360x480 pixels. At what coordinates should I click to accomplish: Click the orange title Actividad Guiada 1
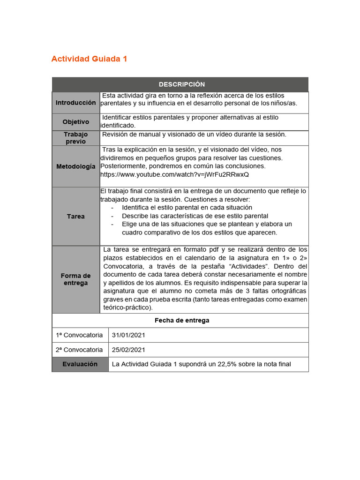point(89,59)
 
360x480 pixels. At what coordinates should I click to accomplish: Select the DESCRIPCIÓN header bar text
point(181,84)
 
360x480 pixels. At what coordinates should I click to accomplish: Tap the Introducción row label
point(75,103)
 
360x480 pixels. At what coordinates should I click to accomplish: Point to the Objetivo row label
point(75,122)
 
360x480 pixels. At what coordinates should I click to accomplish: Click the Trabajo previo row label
point(75,138)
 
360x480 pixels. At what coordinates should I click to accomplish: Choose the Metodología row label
point(75,166)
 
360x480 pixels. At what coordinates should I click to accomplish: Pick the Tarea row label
point(75,217)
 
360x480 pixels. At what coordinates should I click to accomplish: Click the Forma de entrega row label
point(75,279)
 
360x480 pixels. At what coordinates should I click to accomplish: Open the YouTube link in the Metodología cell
point(175,174)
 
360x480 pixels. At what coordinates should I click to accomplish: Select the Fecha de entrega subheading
point(181,321)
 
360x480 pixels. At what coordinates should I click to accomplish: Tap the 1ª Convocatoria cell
point(79,335)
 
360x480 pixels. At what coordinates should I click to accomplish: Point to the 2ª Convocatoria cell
point(79,350)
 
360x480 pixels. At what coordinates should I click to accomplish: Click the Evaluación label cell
point(80,364)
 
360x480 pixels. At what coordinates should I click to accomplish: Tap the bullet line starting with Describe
point(195,216)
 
